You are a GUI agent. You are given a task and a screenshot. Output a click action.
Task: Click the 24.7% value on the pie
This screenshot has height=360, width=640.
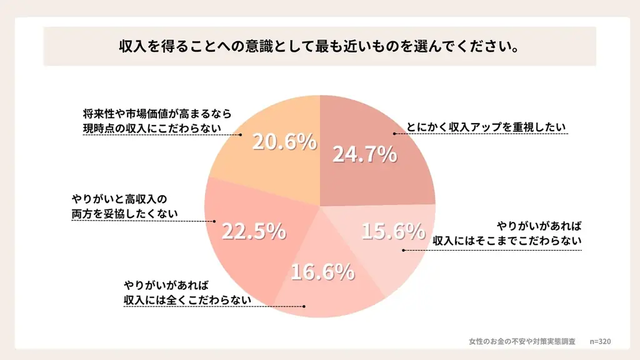coord(364,154)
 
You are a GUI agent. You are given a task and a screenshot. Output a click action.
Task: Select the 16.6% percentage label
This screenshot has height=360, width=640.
coord(322,272)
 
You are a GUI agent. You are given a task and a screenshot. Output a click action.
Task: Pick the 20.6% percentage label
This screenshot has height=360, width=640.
coord(284,142)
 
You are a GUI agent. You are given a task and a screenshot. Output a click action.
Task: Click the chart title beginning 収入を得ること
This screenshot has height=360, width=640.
coord(319,47)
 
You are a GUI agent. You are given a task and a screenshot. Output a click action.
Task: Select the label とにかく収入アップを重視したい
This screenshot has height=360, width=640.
coord(486,127)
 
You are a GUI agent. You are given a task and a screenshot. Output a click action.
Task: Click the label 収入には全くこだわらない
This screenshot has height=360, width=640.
coord(187,300)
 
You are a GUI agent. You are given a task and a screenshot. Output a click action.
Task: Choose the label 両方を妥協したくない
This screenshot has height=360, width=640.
coord(124,214)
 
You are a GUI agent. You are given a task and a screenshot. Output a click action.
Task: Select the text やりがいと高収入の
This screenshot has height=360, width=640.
coord(119,199)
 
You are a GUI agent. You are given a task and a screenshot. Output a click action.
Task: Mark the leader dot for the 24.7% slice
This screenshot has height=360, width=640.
coord(394,134)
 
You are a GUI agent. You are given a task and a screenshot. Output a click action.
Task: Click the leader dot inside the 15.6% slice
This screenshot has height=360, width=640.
coord(403,251)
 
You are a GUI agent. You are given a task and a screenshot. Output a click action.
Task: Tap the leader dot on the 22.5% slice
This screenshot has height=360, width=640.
coord(216,221)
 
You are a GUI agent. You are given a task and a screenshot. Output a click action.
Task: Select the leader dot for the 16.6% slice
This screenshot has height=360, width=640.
coord(304,307)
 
